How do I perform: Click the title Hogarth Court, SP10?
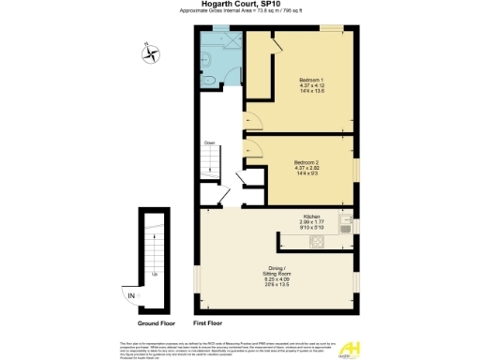coord(239,4)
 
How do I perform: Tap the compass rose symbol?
coord(148,52)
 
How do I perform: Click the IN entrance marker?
coord(131,297)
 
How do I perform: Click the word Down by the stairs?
coord(210,143)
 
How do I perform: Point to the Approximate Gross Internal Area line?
coord(239,11)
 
